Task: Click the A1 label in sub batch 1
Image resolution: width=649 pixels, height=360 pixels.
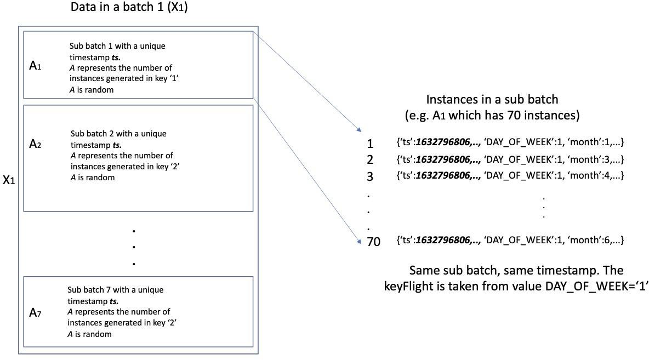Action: point(35,67)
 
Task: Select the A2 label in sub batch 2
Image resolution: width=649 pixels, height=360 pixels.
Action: point(35,145)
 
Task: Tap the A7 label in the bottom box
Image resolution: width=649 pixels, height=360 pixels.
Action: point(35,313)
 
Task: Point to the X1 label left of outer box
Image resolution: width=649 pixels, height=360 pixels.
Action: point(9,180)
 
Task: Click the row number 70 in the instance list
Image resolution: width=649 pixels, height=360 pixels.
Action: point(373,241)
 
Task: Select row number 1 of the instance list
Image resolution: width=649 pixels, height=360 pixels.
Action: point(370,144)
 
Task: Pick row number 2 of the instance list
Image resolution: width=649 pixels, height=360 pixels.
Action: point(370,160)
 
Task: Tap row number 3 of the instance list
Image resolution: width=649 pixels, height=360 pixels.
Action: point(370,176)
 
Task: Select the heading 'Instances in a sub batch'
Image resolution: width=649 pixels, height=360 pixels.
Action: point(492,100)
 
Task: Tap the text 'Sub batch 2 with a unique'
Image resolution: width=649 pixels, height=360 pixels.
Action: point(118,134)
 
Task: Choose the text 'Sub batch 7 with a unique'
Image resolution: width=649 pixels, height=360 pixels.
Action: point(115,290)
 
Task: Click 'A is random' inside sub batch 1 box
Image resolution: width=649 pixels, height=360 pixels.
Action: point(92,90)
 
